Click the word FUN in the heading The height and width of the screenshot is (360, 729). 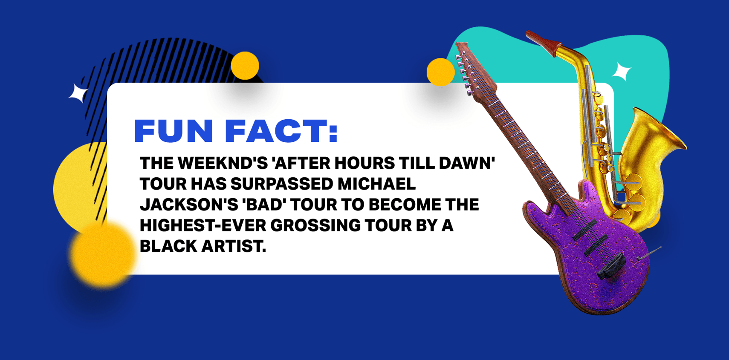click(174, 131)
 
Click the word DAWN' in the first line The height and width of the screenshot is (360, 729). click(467, 163)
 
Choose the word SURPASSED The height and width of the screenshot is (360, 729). click(282, 184)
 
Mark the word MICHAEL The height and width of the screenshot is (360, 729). click(376, 184)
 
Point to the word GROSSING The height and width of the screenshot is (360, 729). click(315, 225)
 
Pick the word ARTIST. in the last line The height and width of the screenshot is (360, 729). click(233, 246)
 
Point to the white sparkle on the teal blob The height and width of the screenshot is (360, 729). click(622, 72)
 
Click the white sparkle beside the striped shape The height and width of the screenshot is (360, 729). click(78, 93)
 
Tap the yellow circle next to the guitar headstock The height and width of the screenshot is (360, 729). click(440, 72)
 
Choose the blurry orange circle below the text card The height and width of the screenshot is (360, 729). click(103, 255)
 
